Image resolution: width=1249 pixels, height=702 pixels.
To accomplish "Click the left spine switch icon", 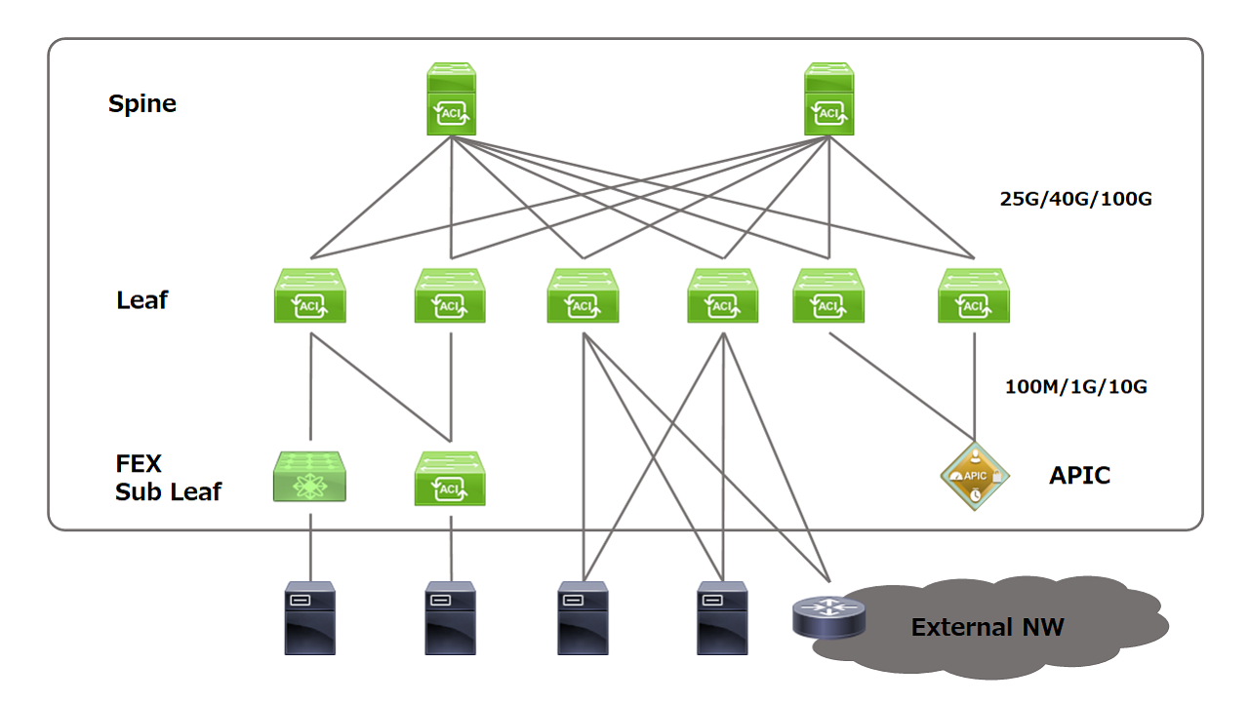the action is click(x=451, y=99).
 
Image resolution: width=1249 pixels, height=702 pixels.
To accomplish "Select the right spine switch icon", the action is click(x=828, y=99).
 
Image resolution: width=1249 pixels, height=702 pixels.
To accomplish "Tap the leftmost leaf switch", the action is click(x=310, y=295).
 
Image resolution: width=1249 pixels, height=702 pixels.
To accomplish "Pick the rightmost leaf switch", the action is click(x=974, y=295).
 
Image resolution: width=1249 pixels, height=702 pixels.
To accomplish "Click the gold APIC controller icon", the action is click(x=975, y=476).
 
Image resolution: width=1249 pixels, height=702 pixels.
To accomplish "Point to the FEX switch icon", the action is click(x=309, y=477).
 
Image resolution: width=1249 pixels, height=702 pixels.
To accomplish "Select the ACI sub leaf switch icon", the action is click(x=450, y=479).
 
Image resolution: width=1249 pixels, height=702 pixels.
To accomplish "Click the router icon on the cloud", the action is click(x=829, y=617).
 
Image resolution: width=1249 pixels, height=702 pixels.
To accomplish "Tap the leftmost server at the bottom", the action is click(x=310, y=618).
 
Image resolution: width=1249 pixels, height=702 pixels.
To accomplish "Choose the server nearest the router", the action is click(x=722, y=618).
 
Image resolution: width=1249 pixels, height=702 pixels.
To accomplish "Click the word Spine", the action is click(x=142, y=104).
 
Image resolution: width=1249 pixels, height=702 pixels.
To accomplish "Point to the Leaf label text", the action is click(x=142, y=300).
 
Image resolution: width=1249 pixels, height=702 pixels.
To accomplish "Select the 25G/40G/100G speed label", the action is click(x=1075, y=199).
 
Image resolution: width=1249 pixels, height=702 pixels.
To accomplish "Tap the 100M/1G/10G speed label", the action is click(x=1076, y=387).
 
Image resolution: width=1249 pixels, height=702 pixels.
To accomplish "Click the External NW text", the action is click(x=987, y=627).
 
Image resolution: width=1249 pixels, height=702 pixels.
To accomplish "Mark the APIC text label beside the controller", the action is click(x=1079, y=476).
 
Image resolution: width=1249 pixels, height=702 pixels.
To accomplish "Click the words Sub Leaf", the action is click(x=168, y=492).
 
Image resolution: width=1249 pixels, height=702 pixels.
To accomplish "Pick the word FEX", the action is click(x=139, y=463).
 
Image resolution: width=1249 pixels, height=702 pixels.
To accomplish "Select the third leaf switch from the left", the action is click(x=583, y=295).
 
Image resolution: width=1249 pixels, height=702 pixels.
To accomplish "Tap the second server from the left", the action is click(x=451, y=618).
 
